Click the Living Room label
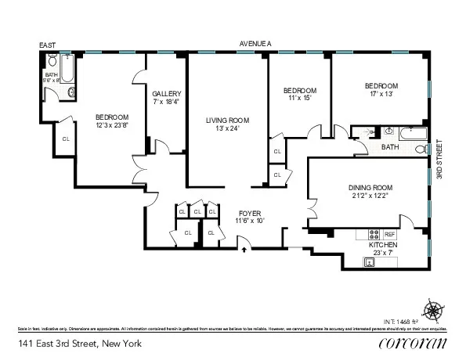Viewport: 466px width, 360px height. [227, 121]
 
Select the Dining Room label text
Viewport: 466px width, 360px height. [370, 188]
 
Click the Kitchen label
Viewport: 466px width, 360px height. [383, 246]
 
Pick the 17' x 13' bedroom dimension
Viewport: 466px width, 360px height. [381, 95]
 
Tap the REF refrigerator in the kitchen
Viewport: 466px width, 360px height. [389, 234]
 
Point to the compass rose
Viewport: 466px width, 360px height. [432, 308]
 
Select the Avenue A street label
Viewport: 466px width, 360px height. [255, 45]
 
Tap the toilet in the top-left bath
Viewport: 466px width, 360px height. [52, 60]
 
